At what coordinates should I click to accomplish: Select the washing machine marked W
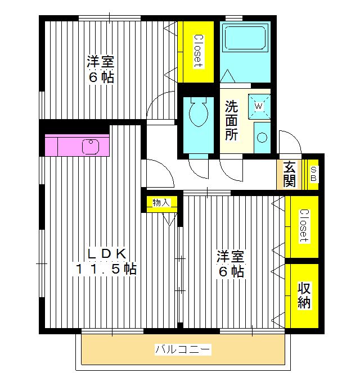(259, 105)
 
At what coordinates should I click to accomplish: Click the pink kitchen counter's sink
(91, 146)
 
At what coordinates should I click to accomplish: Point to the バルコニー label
(183, 351)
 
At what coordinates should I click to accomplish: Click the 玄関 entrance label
(289, 174)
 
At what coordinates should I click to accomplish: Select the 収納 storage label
(304, 295)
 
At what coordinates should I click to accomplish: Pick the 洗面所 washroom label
(232, 120)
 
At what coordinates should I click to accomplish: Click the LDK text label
(105, 253)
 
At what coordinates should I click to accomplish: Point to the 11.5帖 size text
(106, 269)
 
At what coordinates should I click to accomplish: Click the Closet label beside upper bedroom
(197, 52)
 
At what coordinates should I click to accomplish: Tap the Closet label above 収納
(303, 225)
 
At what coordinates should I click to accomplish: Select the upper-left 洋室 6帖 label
(101, 69)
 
